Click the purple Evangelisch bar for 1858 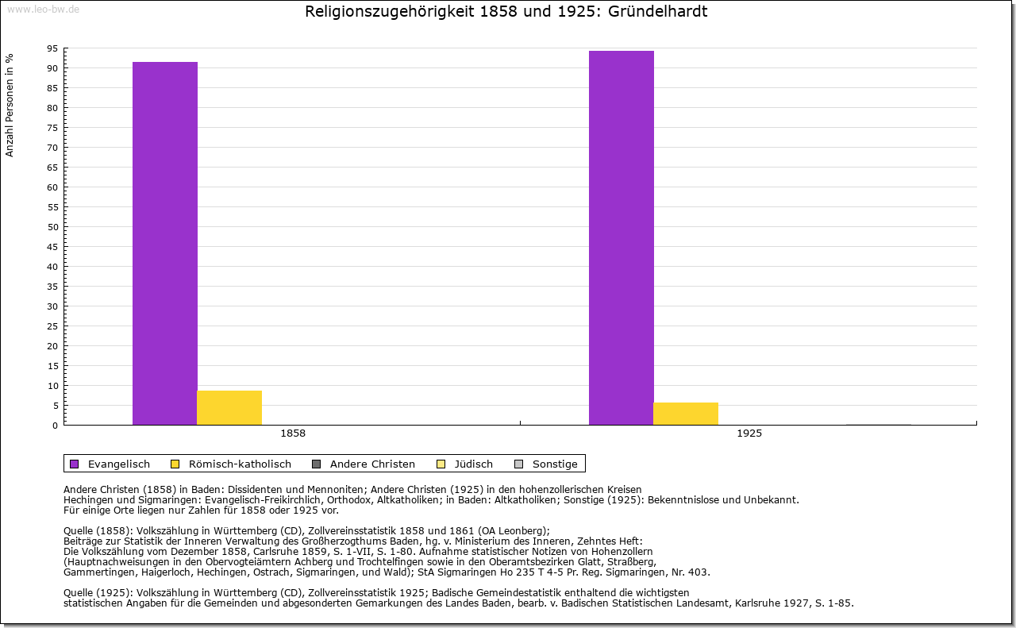coord(165,243)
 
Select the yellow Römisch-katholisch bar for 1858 coord(229,407)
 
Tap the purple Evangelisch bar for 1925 coord(622,237)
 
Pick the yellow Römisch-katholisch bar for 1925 coord(686,414)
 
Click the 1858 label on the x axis coord(293,434)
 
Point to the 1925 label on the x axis coord(749,434)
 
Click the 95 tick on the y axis coord(52,48)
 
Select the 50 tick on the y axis coord(52,227)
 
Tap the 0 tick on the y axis coord(55,426)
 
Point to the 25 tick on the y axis coord(52,326)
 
